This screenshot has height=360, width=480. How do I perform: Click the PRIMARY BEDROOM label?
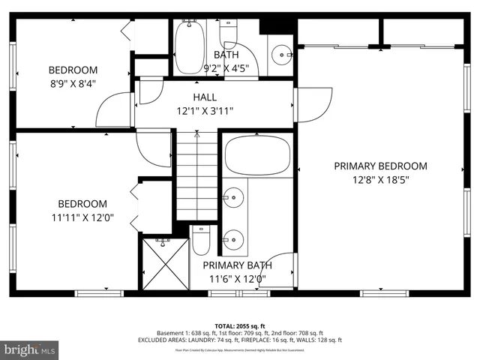(x=380, y=166)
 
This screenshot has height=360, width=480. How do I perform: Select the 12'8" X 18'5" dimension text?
(x=380, y=179)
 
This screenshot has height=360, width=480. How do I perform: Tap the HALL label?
(x=205, y=97)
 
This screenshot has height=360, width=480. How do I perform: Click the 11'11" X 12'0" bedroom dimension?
(x=82, y=217)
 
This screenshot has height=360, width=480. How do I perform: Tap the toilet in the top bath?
(x=229, y=34)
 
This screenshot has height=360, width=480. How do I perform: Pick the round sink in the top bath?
(x=280, y=54)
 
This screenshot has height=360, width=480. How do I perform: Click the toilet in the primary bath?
(x=201, y=241)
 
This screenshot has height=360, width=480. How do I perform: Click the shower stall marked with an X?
(x=164, y=263)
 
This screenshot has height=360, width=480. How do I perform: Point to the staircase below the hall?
(x=197, y=176)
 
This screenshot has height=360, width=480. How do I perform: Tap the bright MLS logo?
(x=29, y=349)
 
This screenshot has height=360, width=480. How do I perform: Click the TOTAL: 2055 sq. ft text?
(x=239, y=326)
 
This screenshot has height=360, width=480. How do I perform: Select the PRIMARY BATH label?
(x=237, y=265)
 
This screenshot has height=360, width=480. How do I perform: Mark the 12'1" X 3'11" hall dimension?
(x=205, y=111)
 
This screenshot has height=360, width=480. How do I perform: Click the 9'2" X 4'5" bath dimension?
(x=226, y=67)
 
